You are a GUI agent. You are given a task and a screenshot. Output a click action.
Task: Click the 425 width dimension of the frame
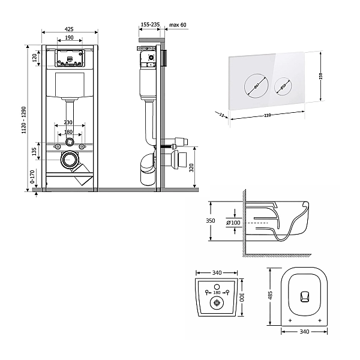(70, 28)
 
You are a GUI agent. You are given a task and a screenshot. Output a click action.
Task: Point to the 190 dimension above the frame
(70, 37)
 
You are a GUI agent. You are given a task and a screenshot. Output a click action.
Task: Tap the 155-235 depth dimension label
(149, 25)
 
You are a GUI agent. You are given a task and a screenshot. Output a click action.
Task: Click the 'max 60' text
(178, 25)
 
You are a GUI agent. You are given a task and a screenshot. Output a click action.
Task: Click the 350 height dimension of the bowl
(210, 221)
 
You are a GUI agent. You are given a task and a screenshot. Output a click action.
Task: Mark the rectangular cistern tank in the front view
(70, 85)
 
